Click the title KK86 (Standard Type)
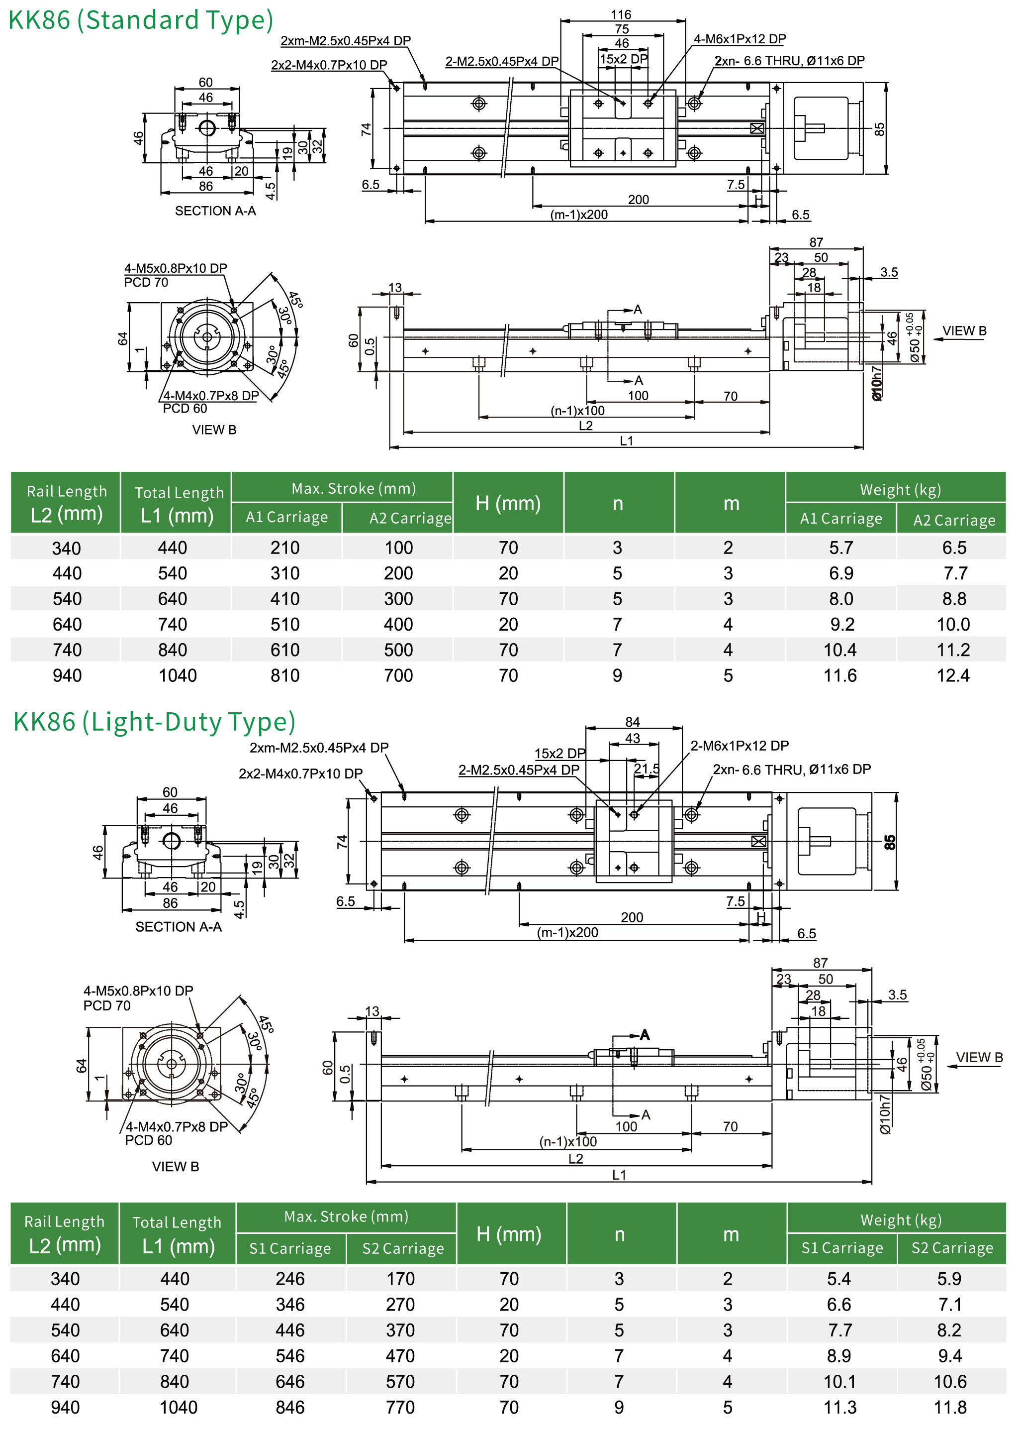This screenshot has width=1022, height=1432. [x=140, y=20]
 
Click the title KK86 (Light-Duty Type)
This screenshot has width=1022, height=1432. [x=154, y=722]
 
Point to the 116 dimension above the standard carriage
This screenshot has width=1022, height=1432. [x=621, y=14]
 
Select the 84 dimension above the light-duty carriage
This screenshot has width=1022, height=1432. [x=633, y=722]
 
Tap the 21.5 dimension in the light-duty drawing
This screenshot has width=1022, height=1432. [x=647, y=769]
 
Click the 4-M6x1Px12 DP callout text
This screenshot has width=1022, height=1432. [x=740, y=39]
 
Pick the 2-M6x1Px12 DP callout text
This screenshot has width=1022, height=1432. [x=740, y=746]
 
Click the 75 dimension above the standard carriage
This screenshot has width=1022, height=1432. [x=622, y=29]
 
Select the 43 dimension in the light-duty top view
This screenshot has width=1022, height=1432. [x=633, y=738]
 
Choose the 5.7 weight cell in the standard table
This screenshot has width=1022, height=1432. [x=841, y=548]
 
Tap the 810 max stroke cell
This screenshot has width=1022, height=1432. [x=285, y=676]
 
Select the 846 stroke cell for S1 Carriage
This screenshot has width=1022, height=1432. [x=290, y=1408]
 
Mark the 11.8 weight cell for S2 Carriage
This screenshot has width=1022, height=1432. [x=950, y=1408]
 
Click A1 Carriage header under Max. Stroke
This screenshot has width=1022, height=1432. [x=287, y=518]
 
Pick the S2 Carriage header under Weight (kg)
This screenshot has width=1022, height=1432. [x=952, y=1248]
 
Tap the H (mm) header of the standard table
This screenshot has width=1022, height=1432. [x=508, y=503]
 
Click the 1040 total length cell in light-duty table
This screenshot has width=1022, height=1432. [x=178, y=1408]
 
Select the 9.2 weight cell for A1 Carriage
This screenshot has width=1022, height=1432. [x=842, y=625]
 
